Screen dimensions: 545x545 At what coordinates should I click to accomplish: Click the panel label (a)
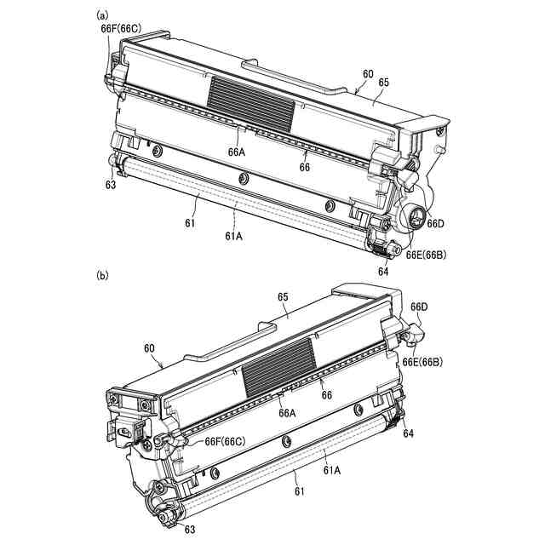click(102, 14)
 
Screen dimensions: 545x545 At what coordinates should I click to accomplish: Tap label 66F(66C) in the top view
click(121, 28)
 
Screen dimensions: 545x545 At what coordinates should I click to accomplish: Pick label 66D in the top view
click(435, 223)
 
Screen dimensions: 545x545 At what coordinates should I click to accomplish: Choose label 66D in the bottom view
click(419, 307)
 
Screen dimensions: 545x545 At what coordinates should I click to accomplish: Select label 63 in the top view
click(111, 183)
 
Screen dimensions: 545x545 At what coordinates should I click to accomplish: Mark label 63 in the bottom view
click(188, 530)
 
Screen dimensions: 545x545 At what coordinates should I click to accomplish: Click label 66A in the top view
click(236, 152)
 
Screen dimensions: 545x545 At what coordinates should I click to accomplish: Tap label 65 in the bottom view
click(284, 295)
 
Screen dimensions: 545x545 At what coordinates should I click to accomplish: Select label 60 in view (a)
click(367, 74)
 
